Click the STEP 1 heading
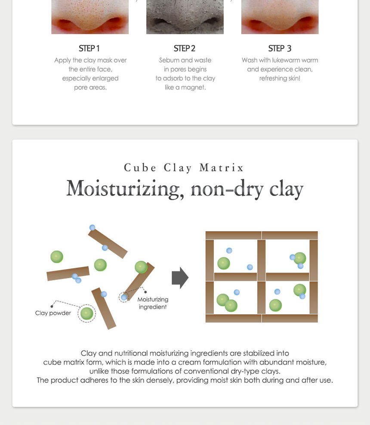pos(89,48)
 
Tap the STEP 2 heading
pos(185,48)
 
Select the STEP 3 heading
pos(280,48)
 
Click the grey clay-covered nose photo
pos(185,17)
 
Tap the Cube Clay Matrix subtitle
pos(184,168)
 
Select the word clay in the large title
pos(286,189)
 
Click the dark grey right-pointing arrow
pos(180,278)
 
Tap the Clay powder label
pos(53,313)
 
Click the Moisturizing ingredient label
pos(153,303)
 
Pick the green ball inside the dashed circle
pos(86,313)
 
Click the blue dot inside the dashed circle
pos(124,298)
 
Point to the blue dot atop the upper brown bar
pos(92,227)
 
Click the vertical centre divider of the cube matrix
pos(262,277)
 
